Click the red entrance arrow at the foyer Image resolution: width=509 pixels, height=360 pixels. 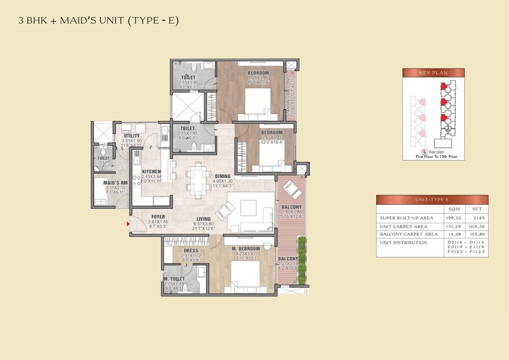point(128,223)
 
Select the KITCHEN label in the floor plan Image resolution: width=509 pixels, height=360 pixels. point(151,172)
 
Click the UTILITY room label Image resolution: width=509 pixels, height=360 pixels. point(131,136)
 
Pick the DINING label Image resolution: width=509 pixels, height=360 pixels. point(222,176)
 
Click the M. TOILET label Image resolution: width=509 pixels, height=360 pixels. point(174,279)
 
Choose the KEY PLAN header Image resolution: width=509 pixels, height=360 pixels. point(433,73)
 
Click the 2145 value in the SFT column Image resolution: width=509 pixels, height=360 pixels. point(477,218)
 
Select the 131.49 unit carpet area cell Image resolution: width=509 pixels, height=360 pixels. point(453,226)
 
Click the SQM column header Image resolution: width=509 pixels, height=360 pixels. point(453,209)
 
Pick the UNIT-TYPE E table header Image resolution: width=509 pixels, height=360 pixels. point(432,200)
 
